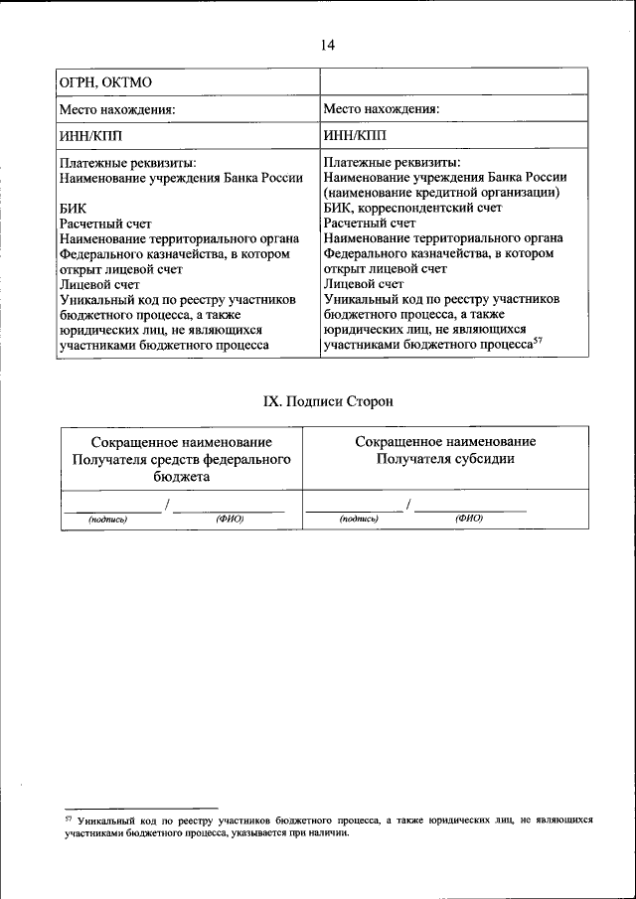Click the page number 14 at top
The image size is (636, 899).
click(329, 44)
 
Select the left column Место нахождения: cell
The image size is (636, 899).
click(117, 109)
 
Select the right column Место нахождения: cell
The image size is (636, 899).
click(382, 109)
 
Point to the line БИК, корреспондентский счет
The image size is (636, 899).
click(412, 208)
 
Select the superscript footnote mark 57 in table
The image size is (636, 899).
click(538, 341)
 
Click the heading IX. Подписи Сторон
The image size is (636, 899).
click(328, 401)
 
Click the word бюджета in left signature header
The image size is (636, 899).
click(181, 476)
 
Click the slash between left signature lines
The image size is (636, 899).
click(168, 506)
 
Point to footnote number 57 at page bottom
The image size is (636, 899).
click(69, 820)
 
